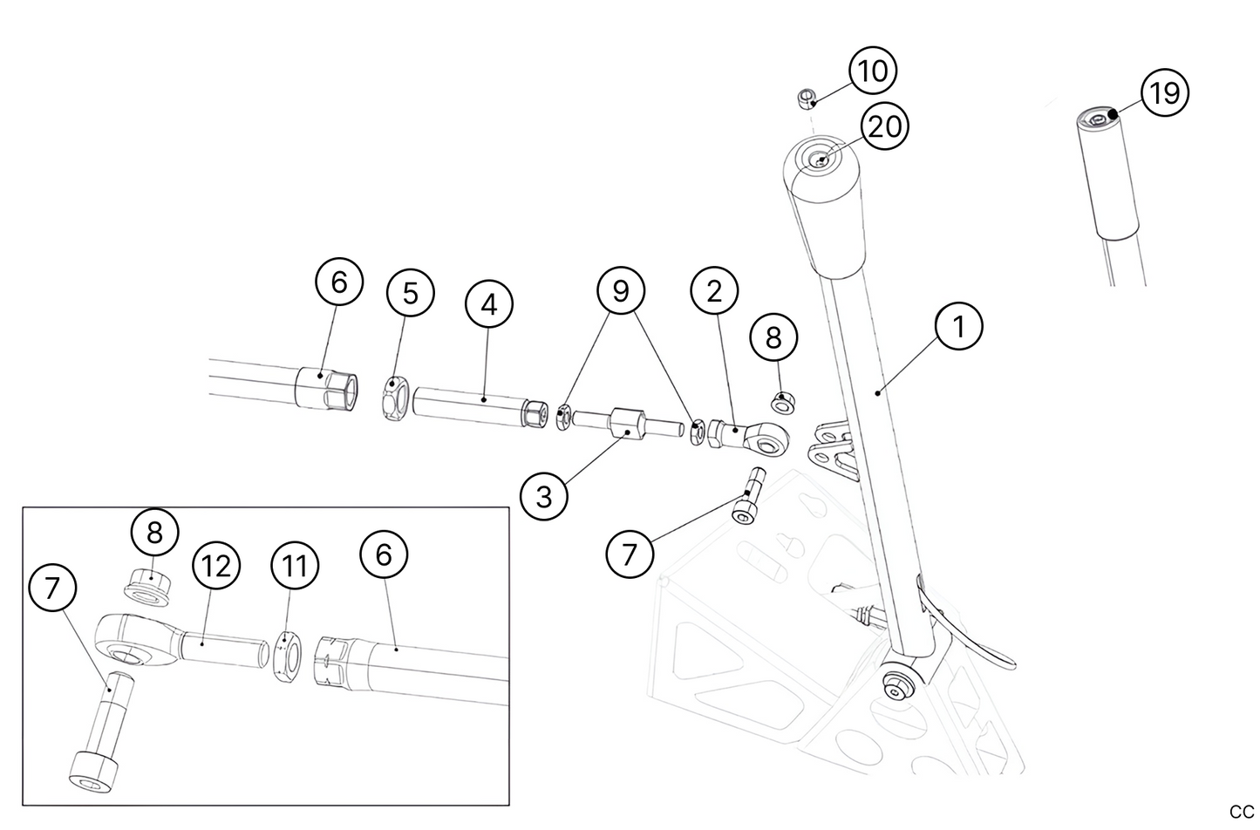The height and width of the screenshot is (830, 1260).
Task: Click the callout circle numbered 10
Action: [873, 71]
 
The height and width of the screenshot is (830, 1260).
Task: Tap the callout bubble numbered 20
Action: [884, 127]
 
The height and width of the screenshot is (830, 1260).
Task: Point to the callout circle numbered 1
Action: [959, 326]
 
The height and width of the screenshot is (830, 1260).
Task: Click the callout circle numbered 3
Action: [544, 497]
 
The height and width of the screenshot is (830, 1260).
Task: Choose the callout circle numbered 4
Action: [488, 305]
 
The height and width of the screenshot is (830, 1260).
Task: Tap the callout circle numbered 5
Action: [410, 294]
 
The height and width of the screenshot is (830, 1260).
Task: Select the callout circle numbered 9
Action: [620, 290]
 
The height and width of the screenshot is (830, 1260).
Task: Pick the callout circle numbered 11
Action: [295, 565]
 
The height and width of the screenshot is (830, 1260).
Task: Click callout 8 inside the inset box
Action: [154, 533]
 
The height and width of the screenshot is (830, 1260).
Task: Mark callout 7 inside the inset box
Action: [52, 588]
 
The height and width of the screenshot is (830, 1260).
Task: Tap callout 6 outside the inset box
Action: [338, 282]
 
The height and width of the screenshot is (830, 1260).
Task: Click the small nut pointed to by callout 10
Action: [807, 97]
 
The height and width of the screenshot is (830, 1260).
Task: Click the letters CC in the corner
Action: [1241, 812]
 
